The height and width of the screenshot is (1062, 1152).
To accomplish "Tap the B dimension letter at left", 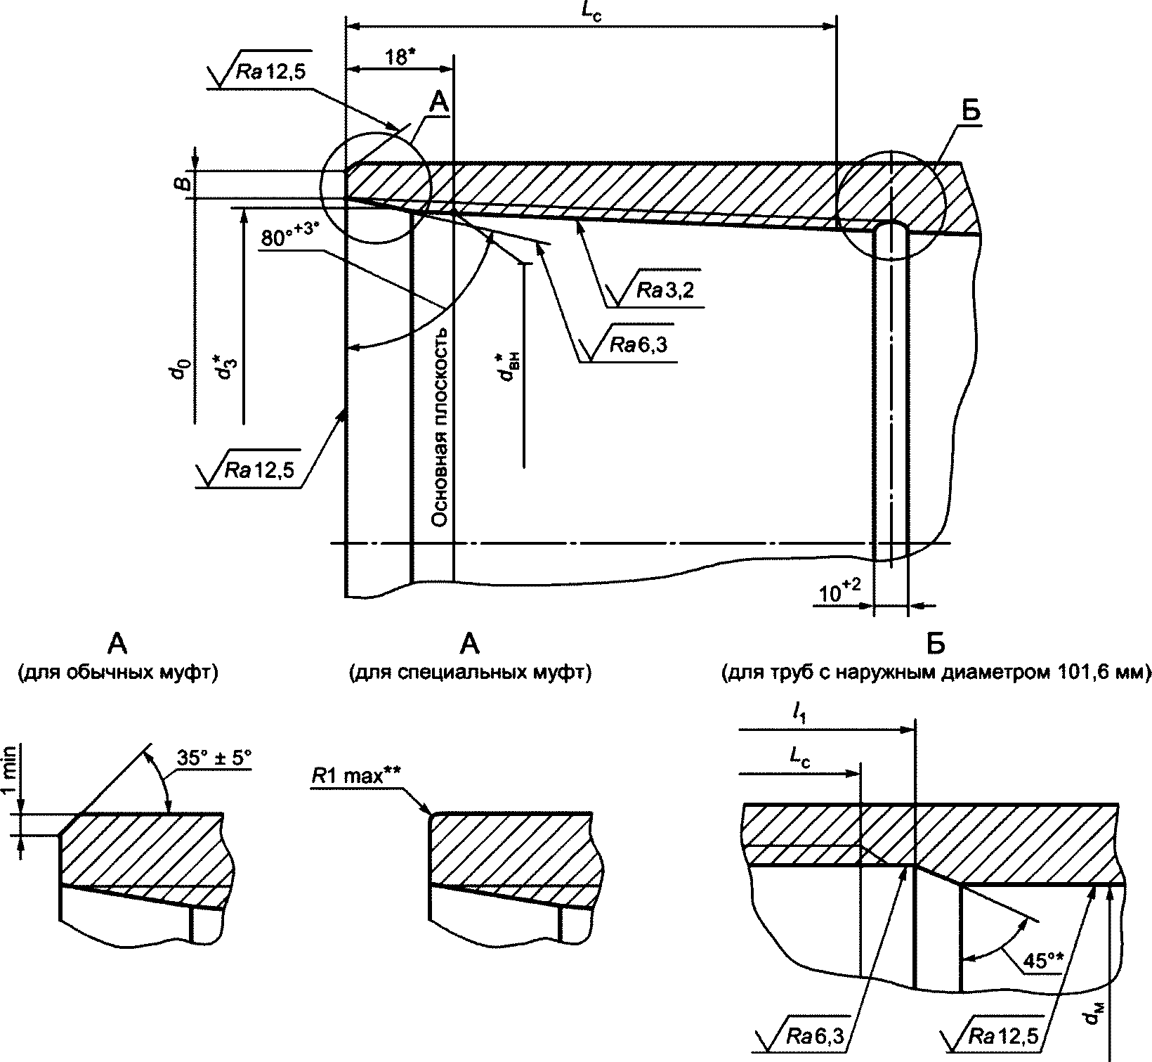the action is click(181, 184).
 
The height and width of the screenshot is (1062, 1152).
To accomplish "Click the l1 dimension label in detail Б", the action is click(799, 715).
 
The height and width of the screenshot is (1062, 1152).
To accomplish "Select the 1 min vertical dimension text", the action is click(9, 780).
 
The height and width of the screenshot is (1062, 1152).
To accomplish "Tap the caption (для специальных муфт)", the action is click(470, 673).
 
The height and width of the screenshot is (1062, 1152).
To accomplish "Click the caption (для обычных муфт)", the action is click(117, 673).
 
